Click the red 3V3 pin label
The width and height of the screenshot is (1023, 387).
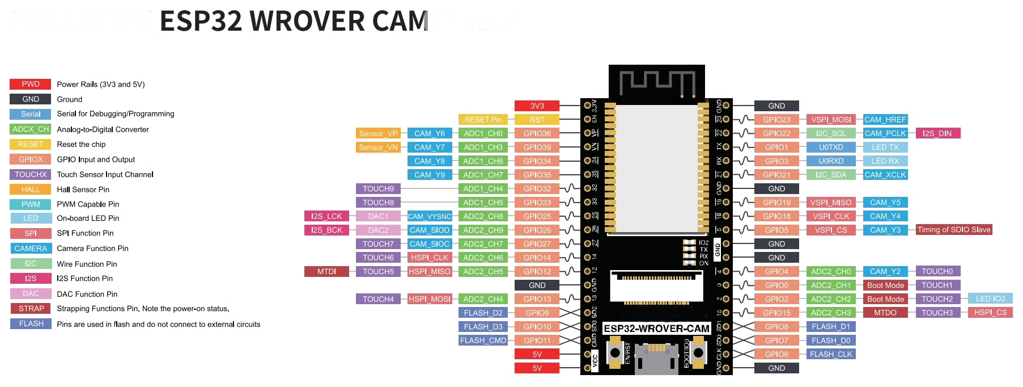537,106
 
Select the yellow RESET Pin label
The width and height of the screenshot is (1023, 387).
483,120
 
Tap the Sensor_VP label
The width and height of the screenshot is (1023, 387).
378,133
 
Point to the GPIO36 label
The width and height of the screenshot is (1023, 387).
537,133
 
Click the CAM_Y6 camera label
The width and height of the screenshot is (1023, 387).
429,133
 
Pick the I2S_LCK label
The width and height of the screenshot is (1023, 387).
326,216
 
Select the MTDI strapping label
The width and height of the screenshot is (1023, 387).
326,271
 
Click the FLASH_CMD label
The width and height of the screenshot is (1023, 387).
483,340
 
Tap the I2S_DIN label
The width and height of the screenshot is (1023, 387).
937,133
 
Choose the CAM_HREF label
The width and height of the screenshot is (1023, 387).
885,120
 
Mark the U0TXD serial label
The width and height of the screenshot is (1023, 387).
831,147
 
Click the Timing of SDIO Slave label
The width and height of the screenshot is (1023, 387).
954,230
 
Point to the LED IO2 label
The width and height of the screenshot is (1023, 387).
990,298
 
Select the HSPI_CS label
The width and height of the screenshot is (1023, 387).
990,313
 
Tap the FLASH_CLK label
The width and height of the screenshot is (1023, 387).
831,354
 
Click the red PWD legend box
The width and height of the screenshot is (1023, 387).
31,84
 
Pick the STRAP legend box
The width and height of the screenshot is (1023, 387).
31,309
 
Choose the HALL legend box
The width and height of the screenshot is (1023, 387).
31,190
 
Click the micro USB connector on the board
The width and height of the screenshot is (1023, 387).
656,357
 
